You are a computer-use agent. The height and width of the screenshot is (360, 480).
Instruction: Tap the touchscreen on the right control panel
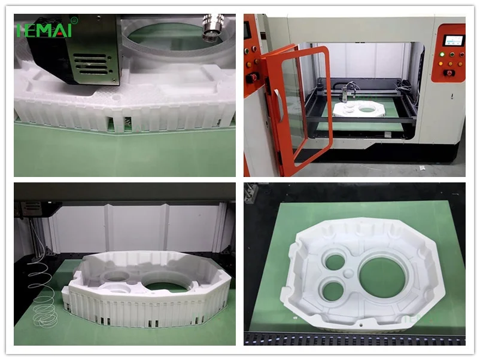point(453,41)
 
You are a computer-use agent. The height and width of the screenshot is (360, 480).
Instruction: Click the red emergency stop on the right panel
point(448,73)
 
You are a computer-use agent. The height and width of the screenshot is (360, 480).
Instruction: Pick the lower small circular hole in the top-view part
point(331,290)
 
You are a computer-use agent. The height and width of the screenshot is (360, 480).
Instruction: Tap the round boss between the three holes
point(349,274)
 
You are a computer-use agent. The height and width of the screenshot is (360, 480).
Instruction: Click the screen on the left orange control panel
point(247,29)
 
